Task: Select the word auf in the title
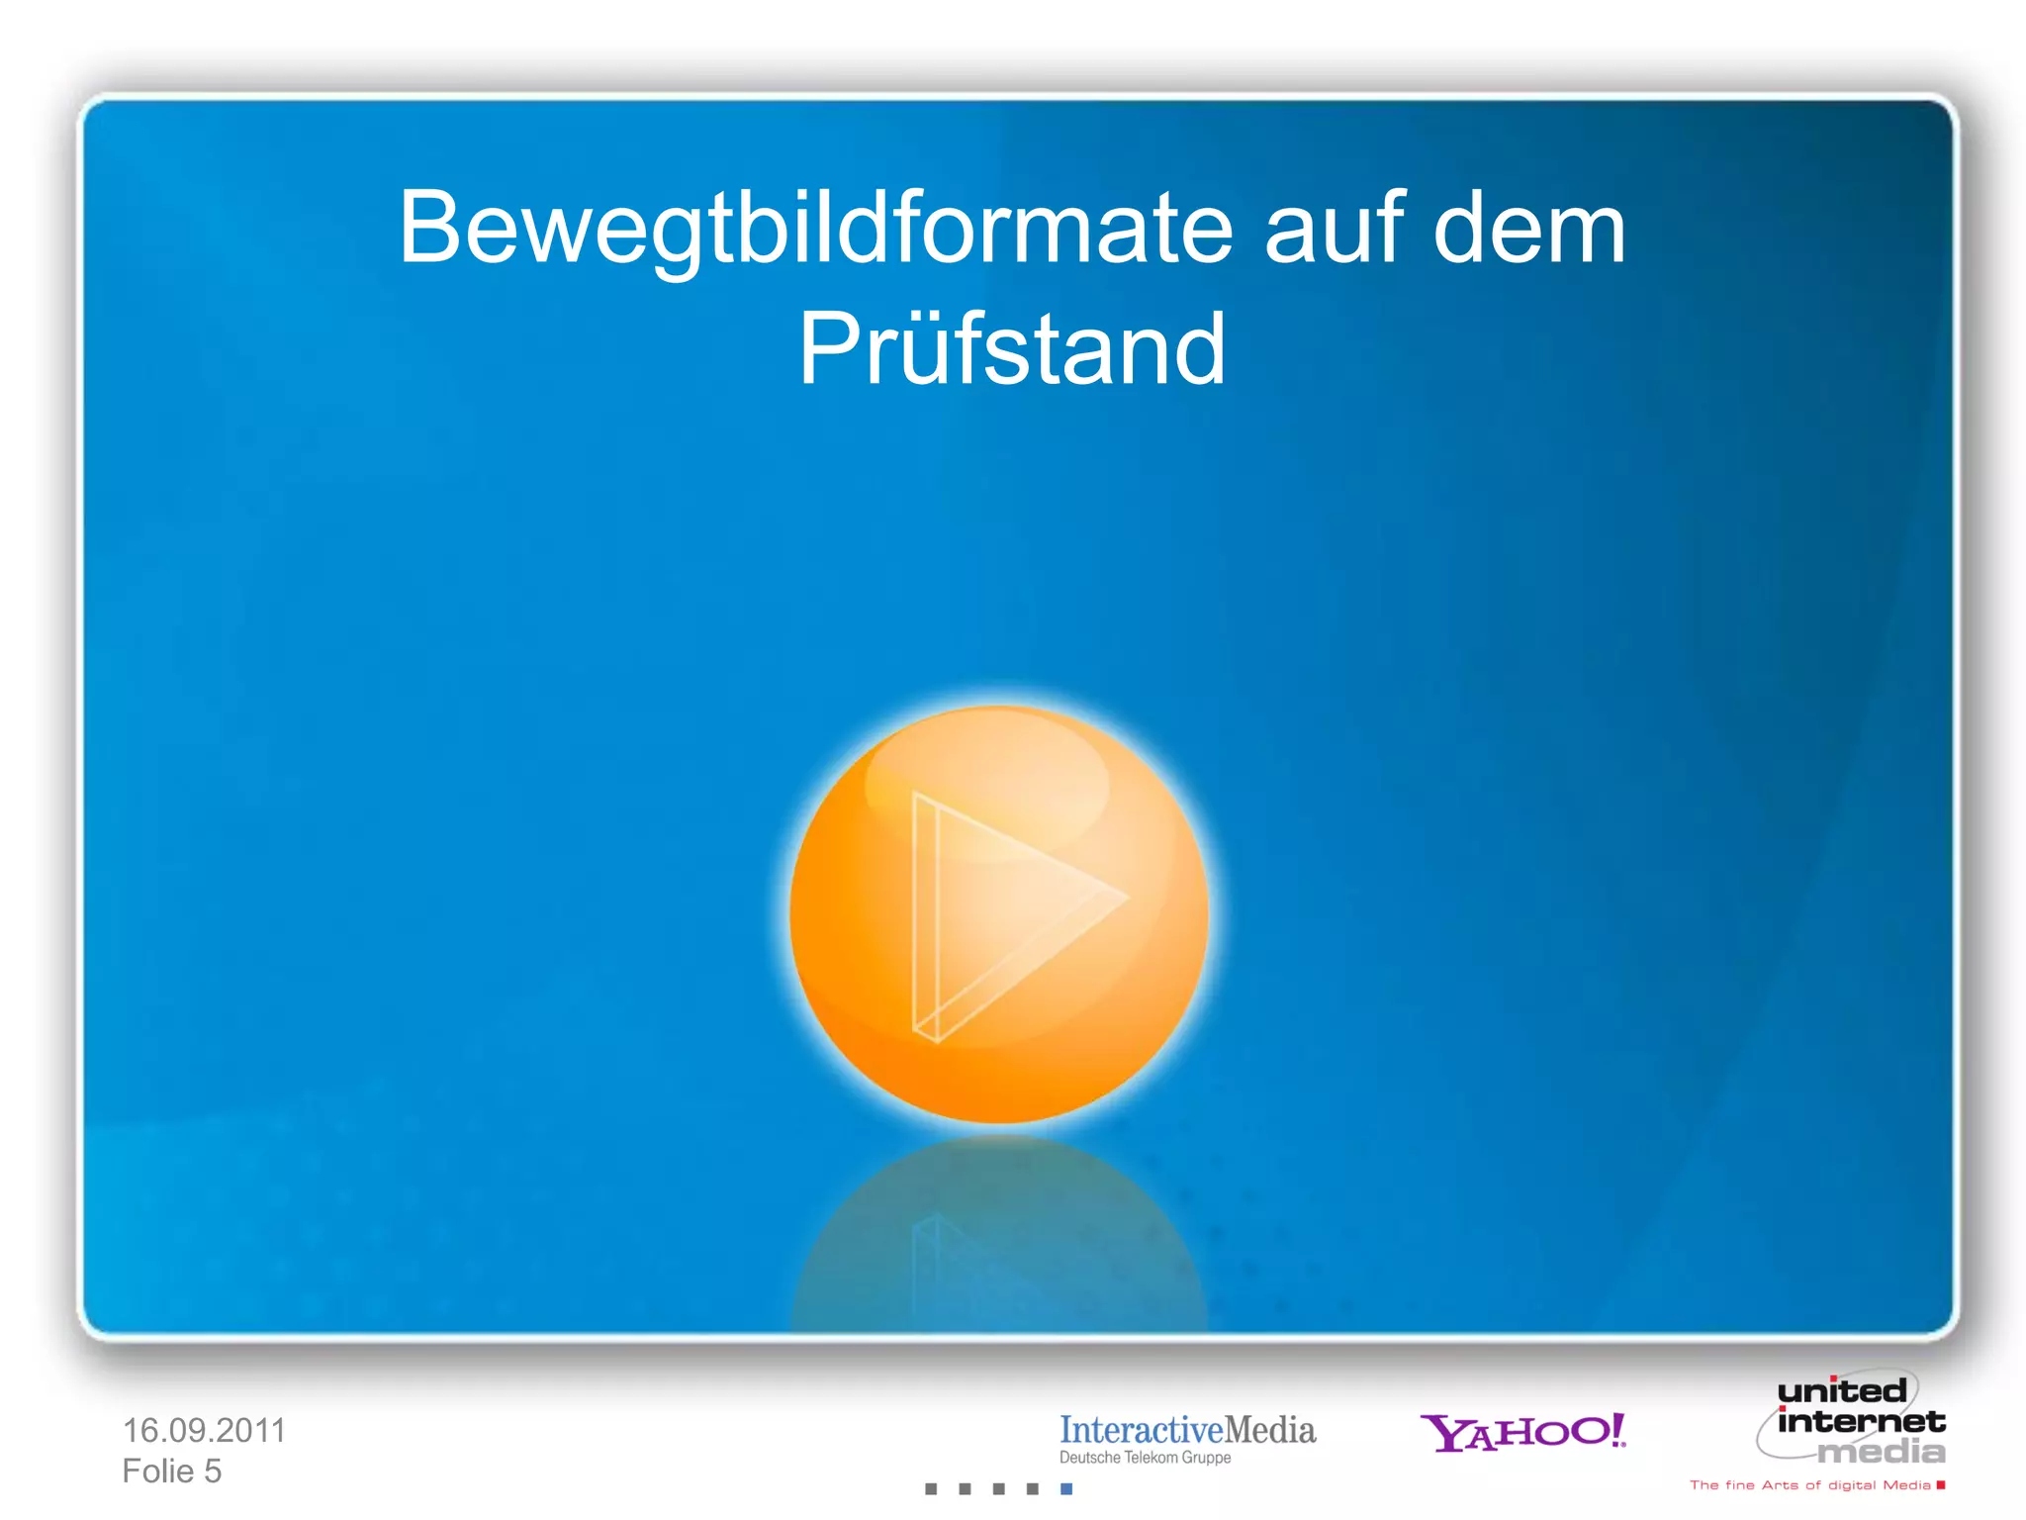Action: pyautogui.click(x=1335, y=230)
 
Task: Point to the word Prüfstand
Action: pyautogui.click(x=1012, y=348)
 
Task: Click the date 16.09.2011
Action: pyautogui.click(x=204, y=1430)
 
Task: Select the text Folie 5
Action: pyautogui.click(x=172, y=1472)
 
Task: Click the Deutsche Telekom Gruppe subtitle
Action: pyautogui.click(x=1145, y=1458)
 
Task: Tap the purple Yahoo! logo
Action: pyautogui.click(x=1521, y=1432)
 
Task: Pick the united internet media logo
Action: pyautogui.click(x=1852, y=1421)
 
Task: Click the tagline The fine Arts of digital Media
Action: pyautogui.click(x=1809, y=1485)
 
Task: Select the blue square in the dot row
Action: pyautogui.click(x=1066, y=1488)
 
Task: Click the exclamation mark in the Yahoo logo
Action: pyautogui.click(x=1614, y=1429)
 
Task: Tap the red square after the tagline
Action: pyautogui.click(x=1941, y=1484)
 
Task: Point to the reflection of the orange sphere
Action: pyautogui.click(x=999, y=1237)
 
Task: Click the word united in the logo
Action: pyautogui.click(x=1842, y=1391)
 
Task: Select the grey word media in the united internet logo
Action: pyautogui.click(x=1882, y=1452)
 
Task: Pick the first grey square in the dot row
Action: pyautogui.click(x=931, y=1488)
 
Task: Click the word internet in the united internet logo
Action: pyautogui.click(x=1861, y=1422)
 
